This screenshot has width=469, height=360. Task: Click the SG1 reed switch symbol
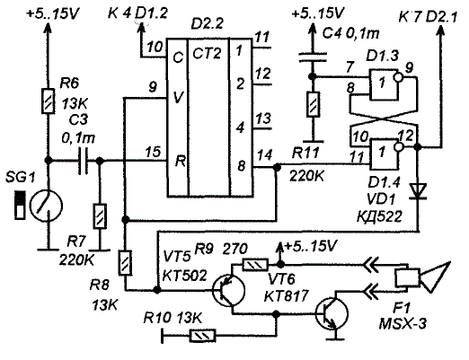[46, 206]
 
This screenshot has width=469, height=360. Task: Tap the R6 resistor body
[48, 101]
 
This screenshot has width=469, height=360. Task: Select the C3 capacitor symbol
[83, 161]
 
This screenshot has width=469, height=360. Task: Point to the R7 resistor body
[100, 216]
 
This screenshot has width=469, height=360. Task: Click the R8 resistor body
[126, 263]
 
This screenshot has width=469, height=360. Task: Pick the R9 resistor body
[255, 265]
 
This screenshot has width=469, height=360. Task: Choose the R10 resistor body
[203, 336]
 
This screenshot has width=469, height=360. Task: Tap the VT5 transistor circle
[228, 291]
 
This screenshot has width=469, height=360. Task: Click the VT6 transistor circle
[332, 314]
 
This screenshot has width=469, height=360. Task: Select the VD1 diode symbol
[418, 191]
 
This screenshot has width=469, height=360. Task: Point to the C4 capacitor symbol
[313, 58]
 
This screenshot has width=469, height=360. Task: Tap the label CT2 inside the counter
[207, 54]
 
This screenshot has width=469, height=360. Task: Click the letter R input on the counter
[181, 162]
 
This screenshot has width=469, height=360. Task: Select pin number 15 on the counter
[153, 152]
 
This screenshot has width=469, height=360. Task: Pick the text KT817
[286, 296]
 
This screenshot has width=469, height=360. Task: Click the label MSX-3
[403, 324]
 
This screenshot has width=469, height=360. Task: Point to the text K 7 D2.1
[429, 17]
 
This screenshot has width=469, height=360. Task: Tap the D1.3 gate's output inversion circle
[399, 77]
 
